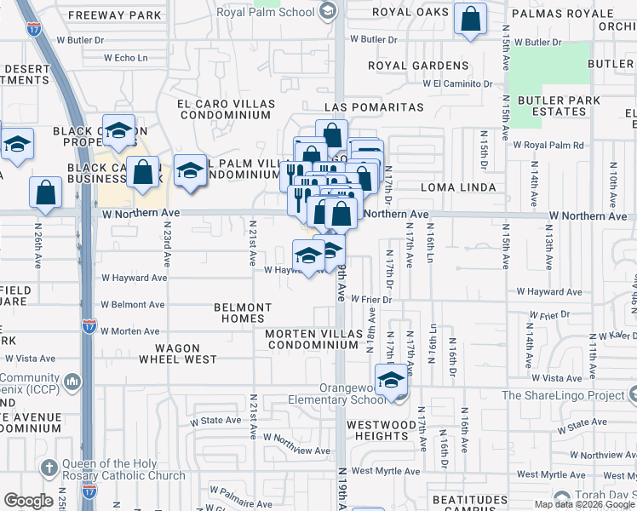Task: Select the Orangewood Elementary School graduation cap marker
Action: (391, 379)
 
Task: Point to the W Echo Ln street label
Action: (125, 58)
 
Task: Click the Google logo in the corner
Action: (28, 500)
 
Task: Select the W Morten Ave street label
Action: (129, 331)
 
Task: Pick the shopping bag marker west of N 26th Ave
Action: (45, 192)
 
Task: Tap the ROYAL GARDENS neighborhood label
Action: (418, 66)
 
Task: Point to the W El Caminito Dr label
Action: (458, 83)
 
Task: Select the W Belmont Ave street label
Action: (132, 304)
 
